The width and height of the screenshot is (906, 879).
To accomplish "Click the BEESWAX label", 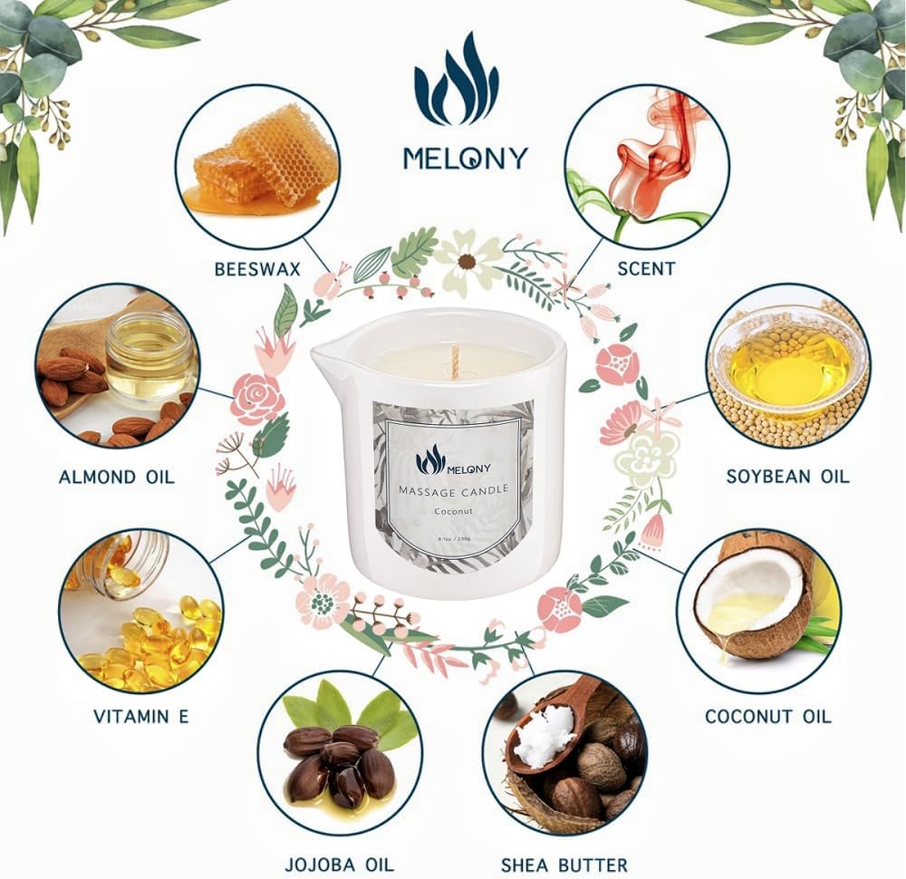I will pyautogui.click(x=256, y=268).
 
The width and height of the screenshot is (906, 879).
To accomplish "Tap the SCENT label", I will pyautogui.click(x=646, y=268).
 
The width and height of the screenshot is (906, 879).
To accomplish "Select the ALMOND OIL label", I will pyautogui.click(x=117, y=477).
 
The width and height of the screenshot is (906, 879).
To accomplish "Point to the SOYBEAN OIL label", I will pyautogui.click(x=788, y=477).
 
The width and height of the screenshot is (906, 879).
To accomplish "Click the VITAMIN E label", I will pyautogui.click(x=141, y=716).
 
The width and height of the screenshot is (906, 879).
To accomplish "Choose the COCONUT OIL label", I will pyautogui.click(x=767, y=716).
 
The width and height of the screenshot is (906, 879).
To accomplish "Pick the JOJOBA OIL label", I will pyautogui.click(x=338, y=864).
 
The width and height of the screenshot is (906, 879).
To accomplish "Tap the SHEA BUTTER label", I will pyautogui.click(x=564, y=864).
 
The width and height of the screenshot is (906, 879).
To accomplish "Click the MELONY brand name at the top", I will pyautogui.click(x=465, y=159).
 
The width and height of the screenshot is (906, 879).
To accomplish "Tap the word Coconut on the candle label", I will pyautogui.click(x=454, y=512).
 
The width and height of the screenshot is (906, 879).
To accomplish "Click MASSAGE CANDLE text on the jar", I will pyautogui.click(x=454, y=490).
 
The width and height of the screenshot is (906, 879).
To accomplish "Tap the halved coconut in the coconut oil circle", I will pyautogui.click(x=749, y=594).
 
